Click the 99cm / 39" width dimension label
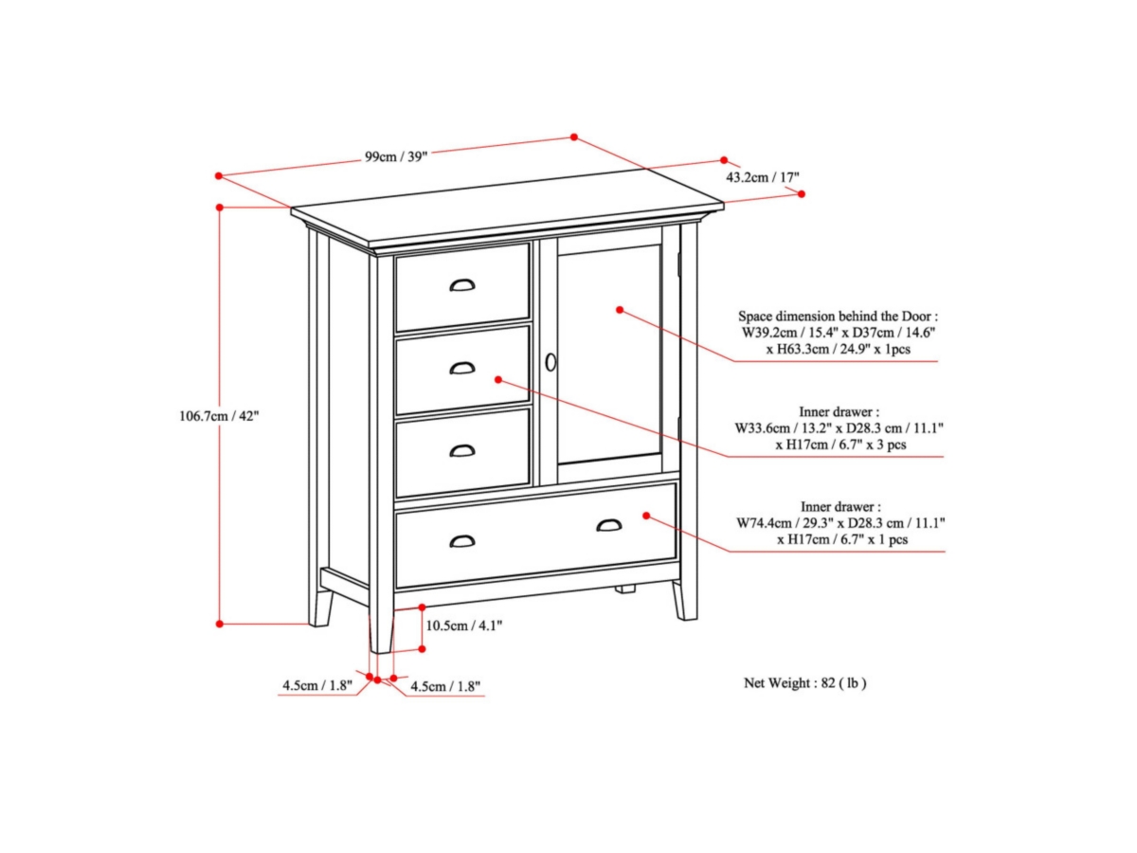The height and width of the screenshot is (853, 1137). tap(396, 156)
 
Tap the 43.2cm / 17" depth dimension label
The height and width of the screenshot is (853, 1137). tap(749, 177)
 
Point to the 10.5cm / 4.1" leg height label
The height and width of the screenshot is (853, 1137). tap(463, 625)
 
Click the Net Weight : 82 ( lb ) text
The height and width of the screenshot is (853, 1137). tap(804, 682)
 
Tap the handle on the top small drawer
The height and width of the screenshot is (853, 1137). tap(462, 284)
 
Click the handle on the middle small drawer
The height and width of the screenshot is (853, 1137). tap(462, 368)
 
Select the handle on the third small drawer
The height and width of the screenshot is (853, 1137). tap(462, 450)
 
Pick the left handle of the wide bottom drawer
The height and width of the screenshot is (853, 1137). tap(462, 541)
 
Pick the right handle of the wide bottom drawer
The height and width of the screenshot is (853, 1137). tap(610, 525)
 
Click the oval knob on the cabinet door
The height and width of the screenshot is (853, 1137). tap(550, 362)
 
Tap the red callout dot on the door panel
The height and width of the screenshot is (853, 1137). tap(619, 309)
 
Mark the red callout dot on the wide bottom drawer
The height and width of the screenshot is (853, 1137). tap(646, 516)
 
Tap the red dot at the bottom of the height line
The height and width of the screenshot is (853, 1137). tap(219, 624)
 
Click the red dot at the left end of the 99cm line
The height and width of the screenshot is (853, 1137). tap(218, 175)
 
